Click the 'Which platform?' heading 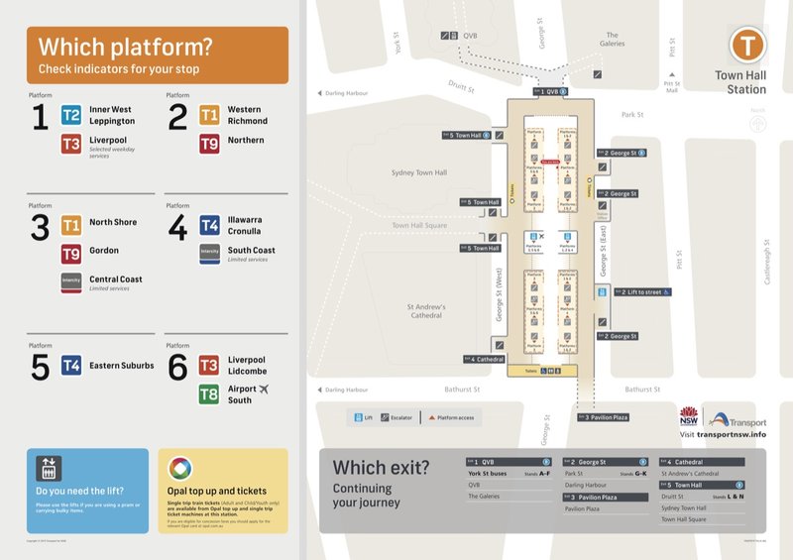click(x=125, y=47)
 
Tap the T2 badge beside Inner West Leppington click(x=71, y=115)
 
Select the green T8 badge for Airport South click(x=209, y=394)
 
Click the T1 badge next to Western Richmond click(x=209, y=115)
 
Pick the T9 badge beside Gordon click(x=71, y=252)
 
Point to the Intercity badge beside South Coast click(x=209, y=252)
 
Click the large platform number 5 click(x=40, y=368)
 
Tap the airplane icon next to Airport click(x=264, y=390)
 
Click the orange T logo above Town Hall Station click(x=746, y=46)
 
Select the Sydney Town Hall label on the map click(x=419, y=172)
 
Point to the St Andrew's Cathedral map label click(x=427, y=311)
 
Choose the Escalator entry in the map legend click(x=397, y=417)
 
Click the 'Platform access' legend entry click(x=451, y=417)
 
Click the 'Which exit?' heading click(x=381, y=467)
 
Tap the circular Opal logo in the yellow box click(x=180, y=468)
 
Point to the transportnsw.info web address click(x=731, y=434)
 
